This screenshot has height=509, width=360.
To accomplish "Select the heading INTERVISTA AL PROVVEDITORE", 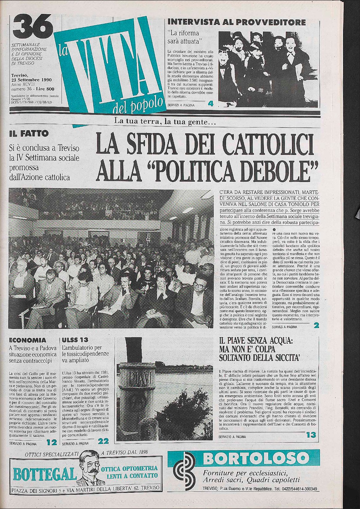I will [x=236, y=22].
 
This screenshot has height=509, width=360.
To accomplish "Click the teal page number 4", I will [x=211, y=104].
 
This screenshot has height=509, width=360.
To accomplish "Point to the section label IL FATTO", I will [x=29, y=134].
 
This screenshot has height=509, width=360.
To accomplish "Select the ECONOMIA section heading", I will [x=28, y=340].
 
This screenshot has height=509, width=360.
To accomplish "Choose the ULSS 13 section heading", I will [x=75, y=340].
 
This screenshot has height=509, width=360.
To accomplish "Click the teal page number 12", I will [x=52, y=442].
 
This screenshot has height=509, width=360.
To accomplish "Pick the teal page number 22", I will [x=103, y=442].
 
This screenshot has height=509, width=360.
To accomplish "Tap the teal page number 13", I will [x=311, y=435].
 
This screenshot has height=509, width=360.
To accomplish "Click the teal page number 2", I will [x=316, y=325].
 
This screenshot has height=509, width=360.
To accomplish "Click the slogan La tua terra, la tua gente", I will [x=164, y=121].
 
